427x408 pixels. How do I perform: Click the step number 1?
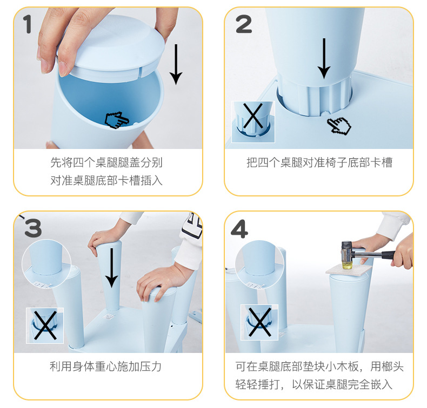pyautogui.click(x=27, y=24)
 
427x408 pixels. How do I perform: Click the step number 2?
pyautogui.click(x=244, y=24)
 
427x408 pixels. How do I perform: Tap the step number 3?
pyautogui.click(x=33, y=228)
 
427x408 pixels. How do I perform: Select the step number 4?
pyautogui.click(x=239, y=229)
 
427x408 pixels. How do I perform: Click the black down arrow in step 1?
pyautogui.click(x=176, y=64)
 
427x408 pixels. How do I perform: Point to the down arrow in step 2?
pyautogui.click(x=324, y=58)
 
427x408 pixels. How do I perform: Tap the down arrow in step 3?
pyautogui.click(x=111, y=268)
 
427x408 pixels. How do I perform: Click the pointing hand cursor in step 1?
pyautogui.click(x=117, y=120)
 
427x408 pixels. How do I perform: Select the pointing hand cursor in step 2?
pyautogui.click(x=339, y=126)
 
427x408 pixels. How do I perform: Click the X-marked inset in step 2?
pyautogui.click(x=253, y=122)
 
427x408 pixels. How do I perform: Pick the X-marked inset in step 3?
pyautogui.click(x=45, y=325)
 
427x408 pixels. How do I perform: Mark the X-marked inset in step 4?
pyautogui.click(x=259, y=322)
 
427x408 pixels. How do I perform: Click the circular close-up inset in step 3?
pyautogui.click(x=46, y=264)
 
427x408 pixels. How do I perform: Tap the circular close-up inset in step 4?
pyautogui.click(x=259, y=264)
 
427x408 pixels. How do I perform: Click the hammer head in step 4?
pyautogui.click(x=347, y=255)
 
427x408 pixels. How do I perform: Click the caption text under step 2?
pyautogui.click(x=319, y=162)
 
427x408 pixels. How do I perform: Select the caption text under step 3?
pyautogui.click(x=105, y=366)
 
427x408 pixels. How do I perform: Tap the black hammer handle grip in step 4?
pyautogui.click(x=389, y=255)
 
